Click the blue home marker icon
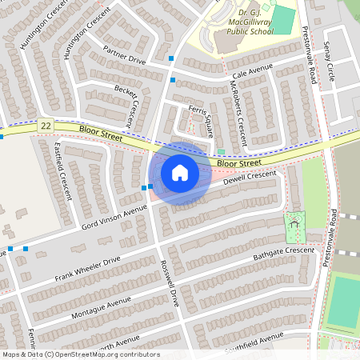coord(179,173)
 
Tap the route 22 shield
coord(46,126)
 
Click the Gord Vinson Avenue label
coord(115,217)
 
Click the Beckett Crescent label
coord(133,106)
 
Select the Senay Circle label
coord(330,62)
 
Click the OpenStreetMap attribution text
coord(80,354)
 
